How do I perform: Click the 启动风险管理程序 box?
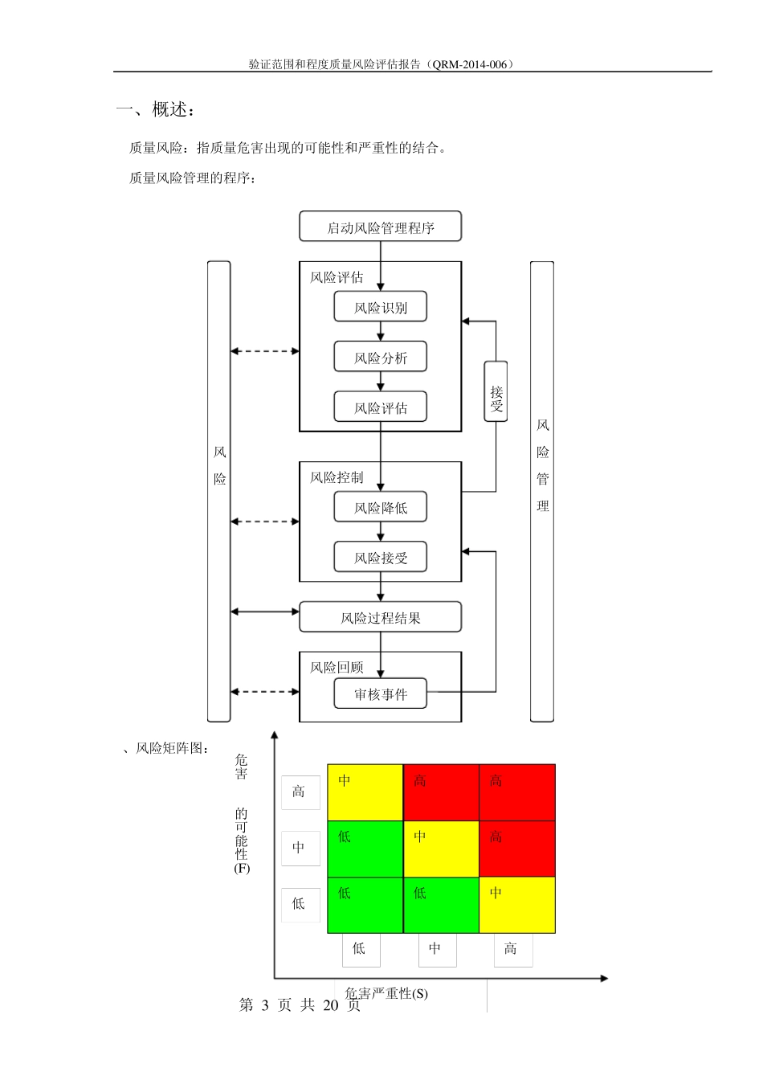click(380, 227)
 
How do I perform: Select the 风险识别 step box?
click(380, 307)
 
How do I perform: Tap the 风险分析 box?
click(380, 358)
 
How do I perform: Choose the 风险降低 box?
click(380, 507)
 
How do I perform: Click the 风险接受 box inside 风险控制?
click(380, 557)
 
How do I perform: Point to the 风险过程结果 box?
click(380, 617)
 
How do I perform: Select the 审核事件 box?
click(380, 693)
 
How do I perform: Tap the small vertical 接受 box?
click(496, 392)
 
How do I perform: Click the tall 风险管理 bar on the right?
click(542, 491)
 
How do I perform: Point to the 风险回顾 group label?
click(337, 667)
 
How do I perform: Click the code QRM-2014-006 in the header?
click(470, 64)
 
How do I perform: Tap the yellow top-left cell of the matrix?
click(365, 792)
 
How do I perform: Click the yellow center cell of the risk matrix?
click(441, 849)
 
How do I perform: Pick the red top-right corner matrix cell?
click(516, 792)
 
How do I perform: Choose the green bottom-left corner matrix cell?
click(365, 905)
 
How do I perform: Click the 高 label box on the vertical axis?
click(300, 792)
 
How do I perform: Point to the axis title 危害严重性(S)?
click(386, 993)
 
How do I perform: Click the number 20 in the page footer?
click(331, 1005)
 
